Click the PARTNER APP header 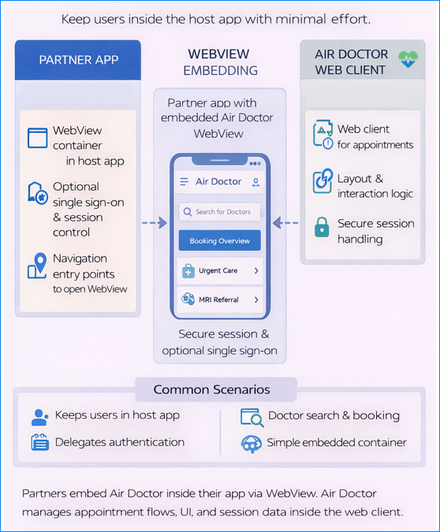tap(78, 60)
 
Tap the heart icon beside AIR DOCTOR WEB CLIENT tap(408, 61)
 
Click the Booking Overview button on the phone tap(219, 240)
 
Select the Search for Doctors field tap(219, 211)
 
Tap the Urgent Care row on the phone tap(219, 270)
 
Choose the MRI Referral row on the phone tap(219, 299)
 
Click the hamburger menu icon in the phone tap(184, 181)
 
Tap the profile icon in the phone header tap(255, 181)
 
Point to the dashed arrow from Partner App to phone tap(155, 223)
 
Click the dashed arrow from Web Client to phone tap(286, 223)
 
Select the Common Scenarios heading tap(211, 389)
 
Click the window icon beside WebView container tap(38, 138)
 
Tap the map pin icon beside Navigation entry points tap(37, 266)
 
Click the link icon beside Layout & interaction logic tap(323, 180)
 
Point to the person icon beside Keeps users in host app tap(39, 417)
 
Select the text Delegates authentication tap(120, 442)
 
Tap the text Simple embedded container tap(337, 442)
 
